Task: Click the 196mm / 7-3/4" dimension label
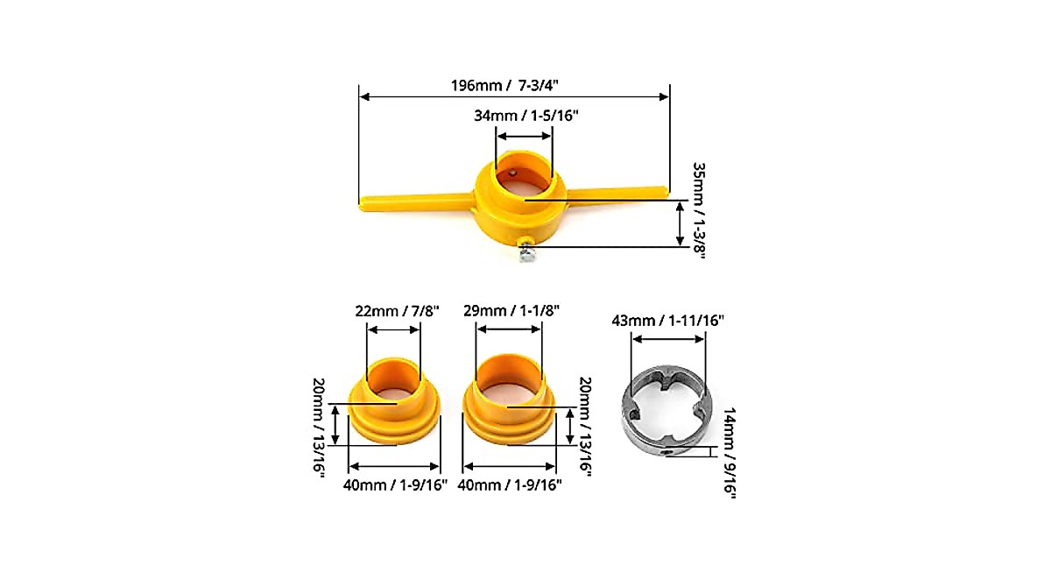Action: tap(504, 85)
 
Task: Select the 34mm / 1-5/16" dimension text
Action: tap(526, 116)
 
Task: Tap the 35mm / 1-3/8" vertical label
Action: tap(699, 210)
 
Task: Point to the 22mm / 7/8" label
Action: tap(397, 311)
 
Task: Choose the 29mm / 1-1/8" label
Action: tap(511, 311)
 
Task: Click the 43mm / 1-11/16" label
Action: tap(667, 321)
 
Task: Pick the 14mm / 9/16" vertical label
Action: tap(729, 453)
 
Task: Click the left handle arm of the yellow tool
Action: tap(415, 202)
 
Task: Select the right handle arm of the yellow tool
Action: tap(617, 194)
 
